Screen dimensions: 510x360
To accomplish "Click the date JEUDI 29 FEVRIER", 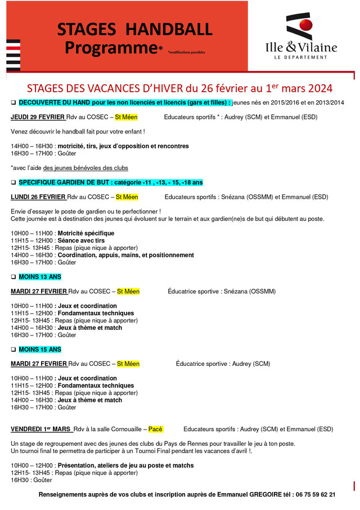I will [38, 118].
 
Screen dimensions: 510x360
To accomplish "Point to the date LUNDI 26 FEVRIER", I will [38, 197].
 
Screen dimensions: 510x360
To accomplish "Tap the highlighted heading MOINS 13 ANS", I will [40, 276].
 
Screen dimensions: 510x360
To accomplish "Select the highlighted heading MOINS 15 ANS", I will [40, 349].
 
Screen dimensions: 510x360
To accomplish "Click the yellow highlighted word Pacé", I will [155, 429].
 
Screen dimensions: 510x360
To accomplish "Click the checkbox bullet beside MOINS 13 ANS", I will [13, 277].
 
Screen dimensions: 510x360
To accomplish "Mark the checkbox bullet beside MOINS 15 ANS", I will [13, 350].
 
